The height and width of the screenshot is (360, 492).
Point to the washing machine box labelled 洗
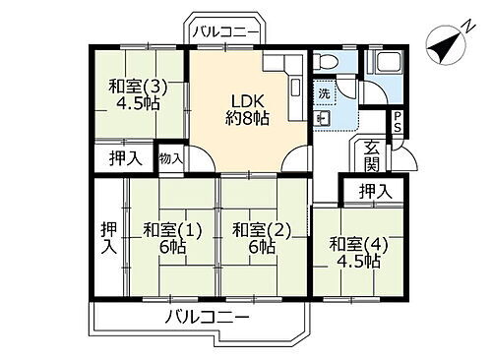tap(325, 94)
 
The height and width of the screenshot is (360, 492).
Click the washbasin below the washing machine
tap(325, 118)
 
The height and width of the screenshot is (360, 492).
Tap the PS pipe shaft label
tap(397, 122)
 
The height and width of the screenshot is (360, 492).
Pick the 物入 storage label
tap(169, 158)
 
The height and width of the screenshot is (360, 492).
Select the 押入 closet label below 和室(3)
tap(124, 158)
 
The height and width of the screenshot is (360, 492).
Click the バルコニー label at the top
tap(226, 32)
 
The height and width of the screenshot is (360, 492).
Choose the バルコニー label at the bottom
tap(207, 317)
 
